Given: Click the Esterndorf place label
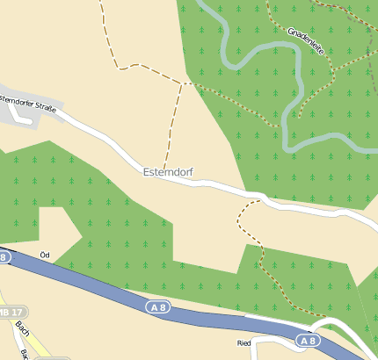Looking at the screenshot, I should pyautogui.click(x=168, y=172).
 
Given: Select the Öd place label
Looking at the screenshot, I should pyautogui.click(x=46, y=255).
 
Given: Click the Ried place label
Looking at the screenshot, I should pyautogui.click(x=245, y=343).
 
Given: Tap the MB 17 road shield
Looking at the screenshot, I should pyautogui.click(x=12, y=312).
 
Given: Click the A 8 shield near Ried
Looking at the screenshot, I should pyautogui.click(x=306, y=341).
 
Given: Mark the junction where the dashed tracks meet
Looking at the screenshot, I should pyautogui.click(x=182, y=83).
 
